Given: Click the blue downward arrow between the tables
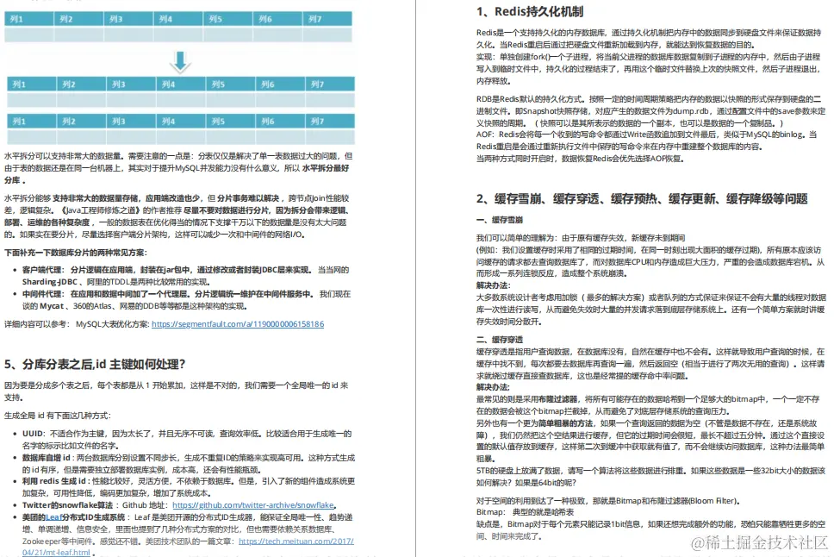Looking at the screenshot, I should pos(180,59).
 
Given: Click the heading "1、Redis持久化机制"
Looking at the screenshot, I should pos(529,12).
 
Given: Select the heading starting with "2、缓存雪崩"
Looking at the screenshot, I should pos(642,199).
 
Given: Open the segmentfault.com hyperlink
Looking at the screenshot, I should pos(237,324).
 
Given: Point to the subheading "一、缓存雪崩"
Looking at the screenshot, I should pos(500,221).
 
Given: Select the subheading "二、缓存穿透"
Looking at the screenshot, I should pos(500,339).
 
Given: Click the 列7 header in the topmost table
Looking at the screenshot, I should pos(314,18).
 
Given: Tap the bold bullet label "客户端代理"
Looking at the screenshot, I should pos(44,270).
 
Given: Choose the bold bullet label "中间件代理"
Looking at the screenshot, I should pos(44,293).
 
